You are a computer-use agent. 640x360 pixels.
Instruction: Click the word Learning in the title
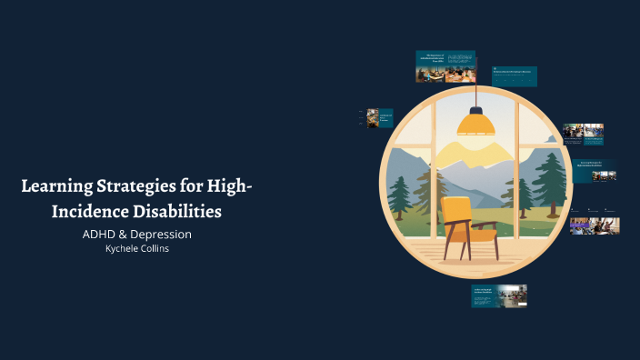pyautogui.click(x=56, y=188)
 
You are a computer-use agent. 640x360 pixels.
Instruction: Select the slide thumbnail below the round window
pyautogui.click(x=499, y=295)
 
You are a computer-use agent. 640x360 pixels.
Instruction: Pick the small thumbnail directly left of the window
pyautogui.click(x=379, y=118)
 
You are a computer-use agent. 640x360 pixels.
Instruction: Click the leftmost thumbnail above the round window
pyautogui.click(x=445, y=66)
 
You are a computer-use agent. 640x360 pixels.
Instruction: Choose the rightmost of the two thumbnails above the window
pyautogui.click(x=514, y=76)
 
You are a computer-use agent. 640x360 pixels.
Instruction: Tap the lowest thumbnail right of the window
pyautogui.click(x=595, y=225)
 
